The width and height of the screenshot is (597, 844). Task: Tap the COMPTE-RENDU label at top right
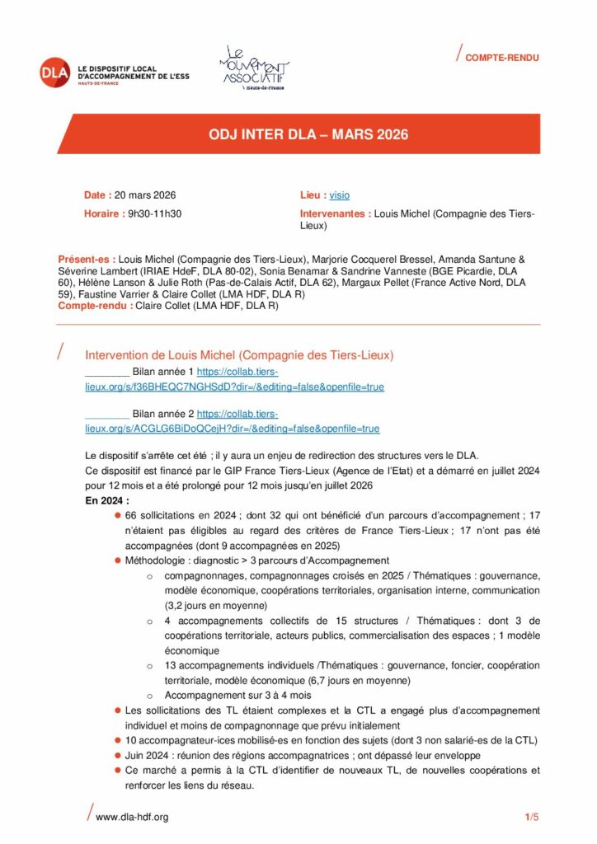click(501, 58)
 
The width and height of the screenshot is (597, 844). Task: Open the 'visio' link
click(339, 195)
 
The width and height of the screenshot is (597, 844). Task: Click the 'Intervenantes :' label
click(335, 213)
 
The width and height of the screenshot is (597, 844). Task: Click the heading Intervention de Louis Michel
click(239, 355)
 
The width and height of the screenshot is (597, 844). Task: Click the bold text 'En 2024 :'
click(107, 500)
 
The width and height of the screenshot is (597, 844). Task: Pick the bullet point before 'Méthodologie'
click(119, 560)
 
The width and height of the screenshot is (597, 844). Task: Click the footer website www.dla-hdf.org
click(132, 817)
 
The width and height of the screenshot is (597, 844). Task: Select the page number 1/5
click(532, 817)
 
